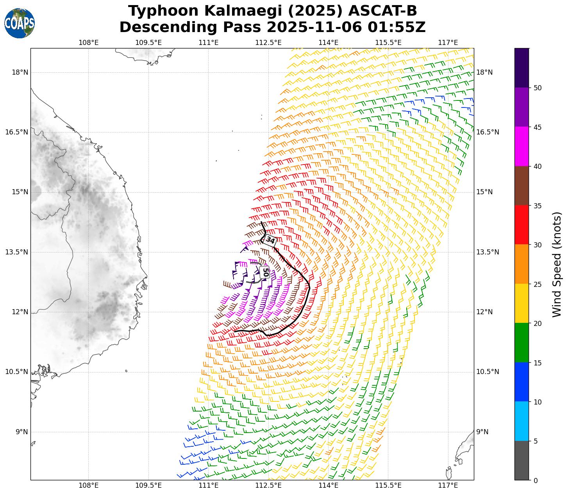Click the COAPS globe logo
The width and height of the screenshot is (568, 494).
click(x=19, y=23)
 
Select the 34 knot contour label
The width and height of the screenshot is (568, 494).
click(x=270, y=240)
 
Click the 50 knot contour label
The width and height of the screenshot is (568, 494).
click(x=265, y=272)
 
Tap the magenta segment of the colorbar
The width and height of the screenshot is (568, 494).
click(x=522, y=147)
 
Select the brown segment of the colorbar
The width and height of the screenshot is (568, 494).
click(x=522, y=186)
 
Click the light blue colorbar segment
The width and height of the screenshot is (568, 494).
click(x=522, y=421)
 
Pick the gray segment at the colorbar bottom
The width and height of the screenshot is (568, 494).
click(x=522, y=460)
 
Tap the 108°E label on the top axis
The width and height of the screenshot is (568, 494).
click(x=89, y=42)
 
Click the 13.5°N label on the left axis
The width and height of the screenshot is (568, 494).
click(x=16, y=252)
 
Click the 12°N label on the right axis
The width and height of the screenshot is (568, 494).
click(x=484, y=312)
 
